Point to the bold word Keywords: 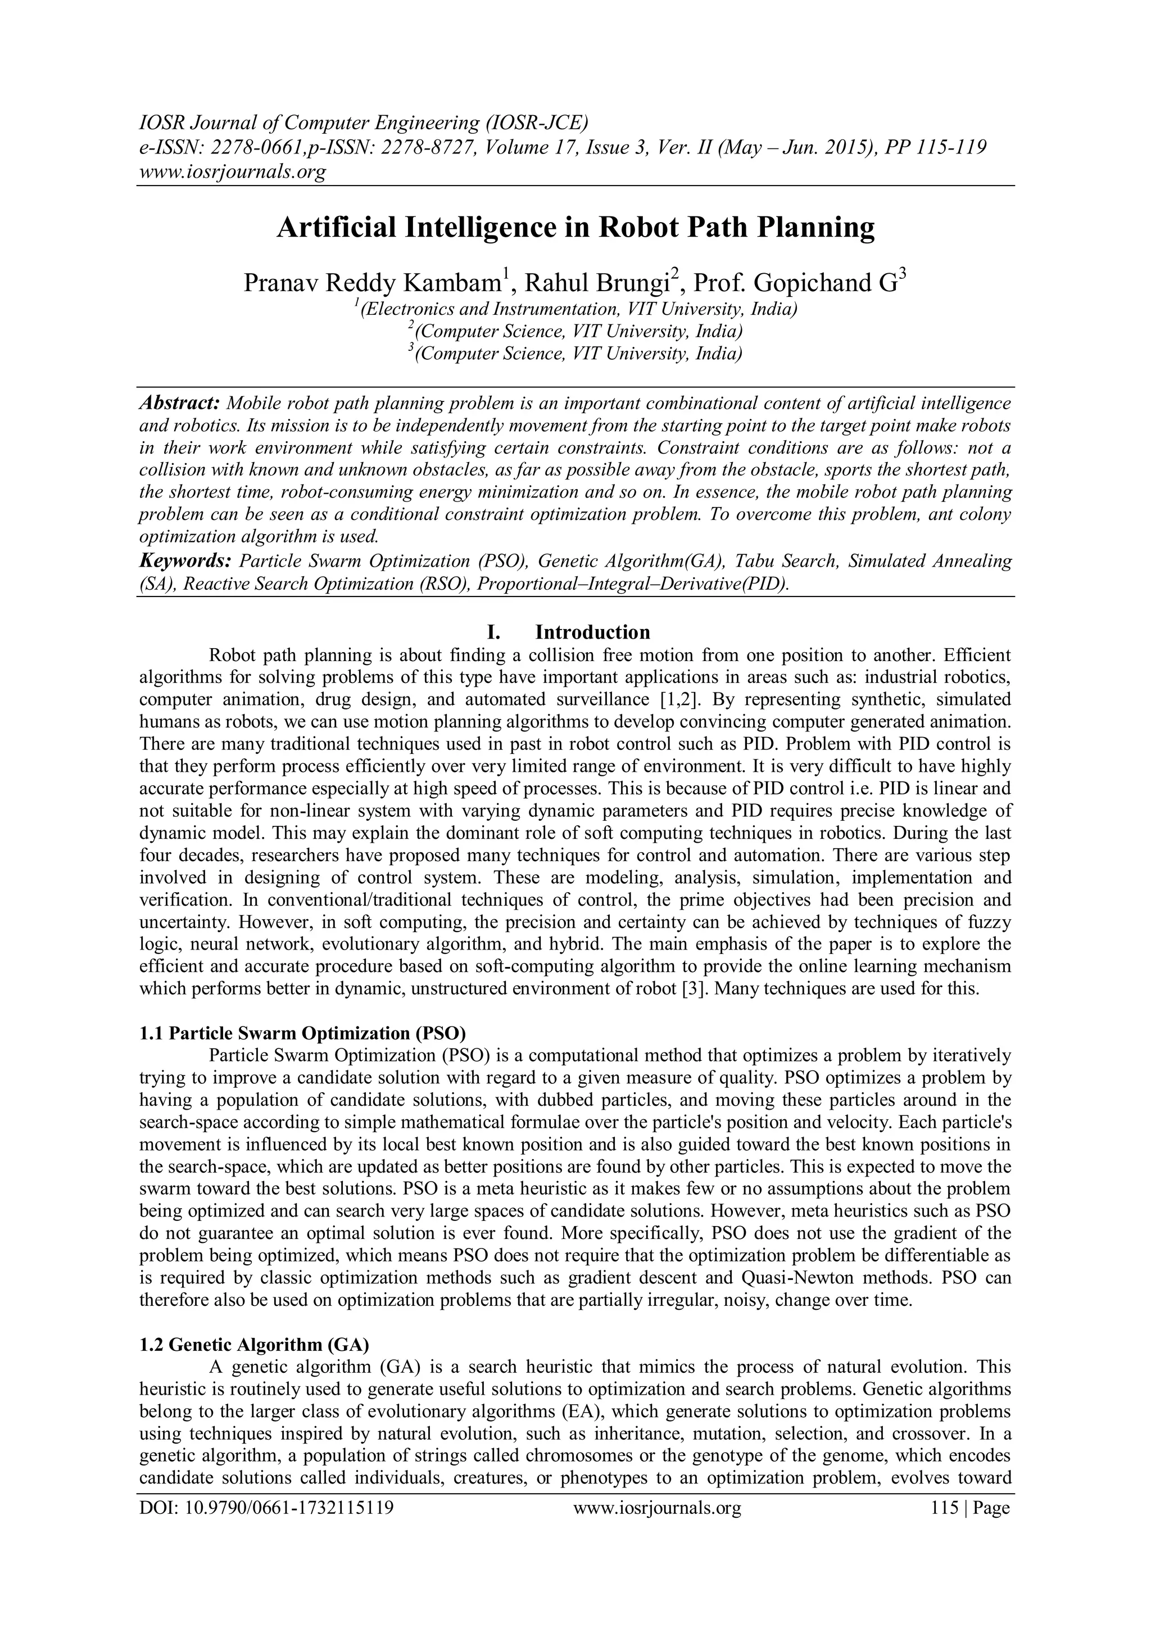(185, 561)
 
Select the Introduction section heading (592, 632)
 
